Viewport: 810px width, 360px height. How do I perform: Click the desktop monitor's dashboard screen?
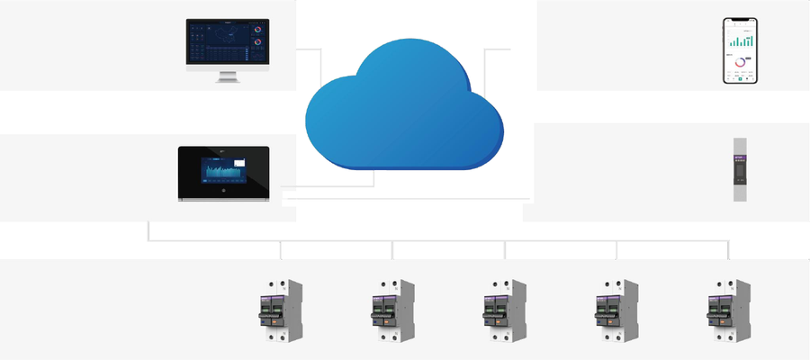(228, 43)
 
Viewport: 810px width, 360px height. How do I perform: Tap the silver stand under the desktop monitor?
(228, 76)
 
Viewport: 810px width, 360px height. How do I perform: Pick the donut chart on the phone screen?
(741, 63)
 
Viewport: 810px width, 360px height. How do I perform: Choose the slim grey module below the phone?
(740, 169)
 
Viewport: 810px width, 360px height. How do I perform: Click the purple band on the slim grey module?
(740, 157)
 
